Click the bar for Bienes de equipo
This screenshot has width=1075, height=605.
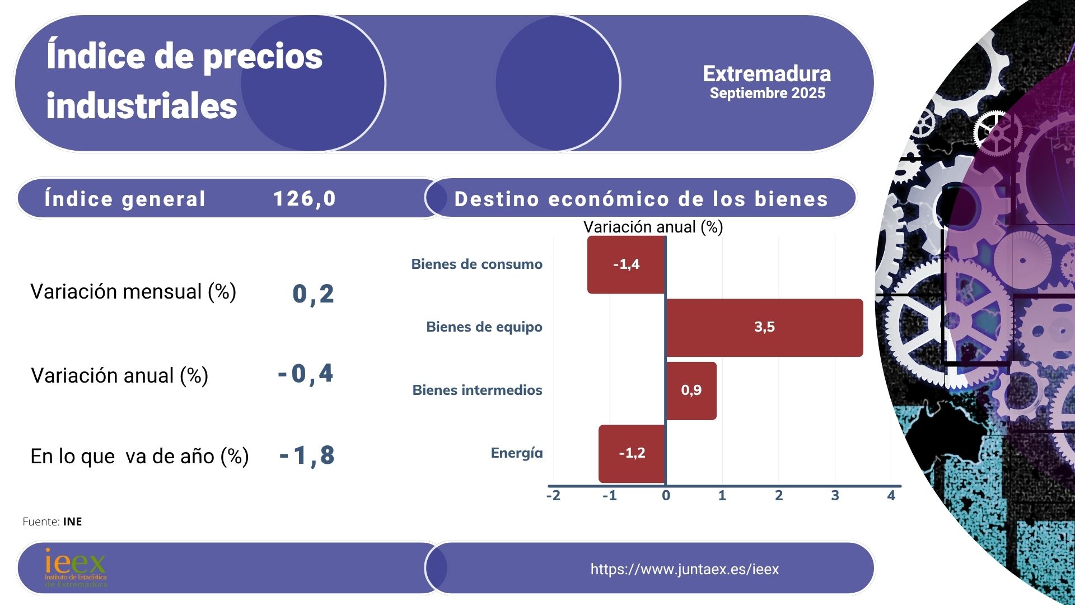coord(764,328)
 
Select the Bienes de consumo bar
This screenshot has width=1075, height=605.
coord(626,264)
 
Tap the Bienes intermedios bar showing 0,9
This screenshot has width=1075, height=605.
coord(691,390)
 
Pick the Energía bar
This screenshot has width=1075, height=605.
coord(632,453)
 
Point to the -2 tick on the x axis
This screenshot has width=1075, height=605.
coord(553,495)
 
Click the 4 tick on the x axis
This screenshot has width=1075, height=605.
coord(891,495)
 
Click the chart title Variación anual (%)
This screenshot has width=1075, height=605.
coord(653,227)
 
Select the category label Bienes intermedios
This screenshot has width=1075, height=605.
coord(477,390)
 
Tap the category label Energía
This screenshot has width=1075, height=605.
coord(516,453)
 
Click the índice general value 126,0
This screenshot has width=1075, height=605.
coord(305,199)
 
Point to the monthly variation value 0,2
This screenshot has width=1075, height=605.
coord(313,294)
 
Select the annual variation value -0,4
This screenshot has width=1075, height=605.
coord(306,374)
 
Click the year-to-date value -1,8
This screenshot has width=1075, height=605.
coord(307,456)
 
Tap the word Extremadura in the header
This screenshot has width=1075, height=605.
coord(766,74)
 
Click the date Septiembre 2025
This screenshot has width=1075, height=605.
coord(767,94)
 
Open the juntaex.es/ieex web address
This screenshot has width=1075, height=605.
coord(684,569)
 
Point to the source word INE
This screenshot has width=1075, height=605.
coord(72,522)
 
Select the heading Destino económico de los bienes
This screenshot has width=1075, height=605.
coord(641,199)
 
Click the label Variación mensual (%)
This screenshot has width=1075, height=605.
coord(133,292)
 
